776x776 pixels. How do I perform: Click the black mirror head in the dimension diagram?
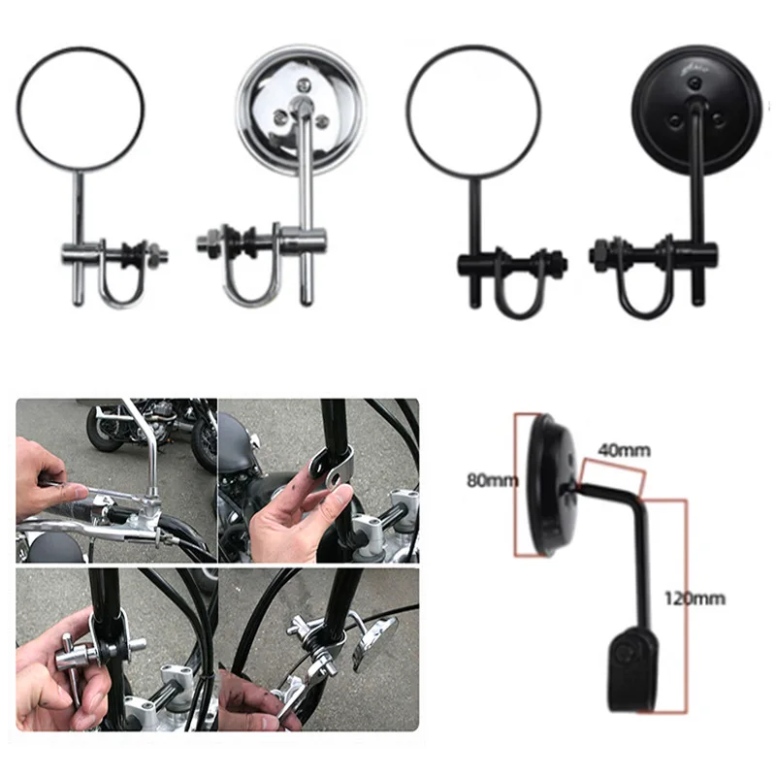(547, 485)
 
